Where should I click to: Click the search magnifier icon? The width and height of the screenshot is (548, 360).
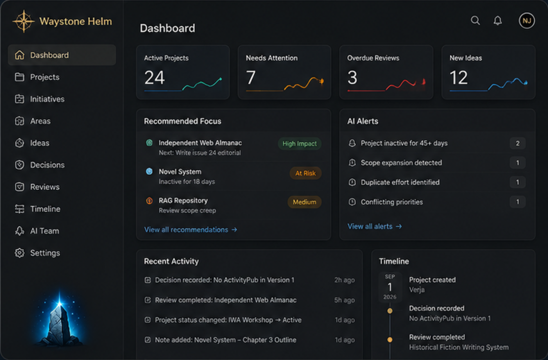475,20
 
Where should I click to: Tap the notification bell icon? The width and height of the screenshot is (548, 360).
498,20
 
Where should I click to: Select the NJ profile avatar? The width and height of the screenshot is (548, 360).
527,20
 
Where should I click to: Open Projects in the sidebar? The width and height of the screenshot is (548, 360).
37,77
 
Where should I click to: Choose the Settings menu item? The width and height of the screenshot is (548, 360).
37,253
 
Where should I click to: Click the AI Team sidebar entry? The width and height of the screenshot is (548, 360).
37,231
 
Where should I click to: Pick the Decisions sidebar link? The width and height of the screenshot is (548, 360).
40,165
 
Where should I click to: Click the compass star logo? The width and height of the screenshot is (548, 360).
23,21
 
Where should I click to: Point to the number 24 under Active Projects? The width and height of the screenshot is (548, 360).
154,78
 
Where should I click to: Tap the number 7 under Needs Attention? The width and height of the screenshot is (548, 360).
251,78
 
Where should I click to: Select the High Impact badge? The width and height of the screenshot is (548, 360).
299,143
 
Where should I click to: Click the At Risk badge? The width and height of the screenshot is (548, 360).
305,173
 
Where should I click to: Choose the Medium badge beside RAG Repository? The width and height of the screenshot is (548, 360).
304,202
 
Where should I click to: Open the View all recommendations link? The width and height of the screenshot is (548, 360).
190,230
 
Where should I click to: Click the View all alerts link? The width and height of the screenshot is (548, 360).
374,226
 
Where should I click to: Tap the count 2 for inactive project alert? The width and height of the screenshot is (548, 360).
518,143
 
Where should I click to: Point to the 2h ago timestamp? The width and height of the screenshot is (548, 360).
344,280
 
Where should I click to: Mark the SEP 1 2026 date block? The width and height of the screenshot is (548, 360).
390,287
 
